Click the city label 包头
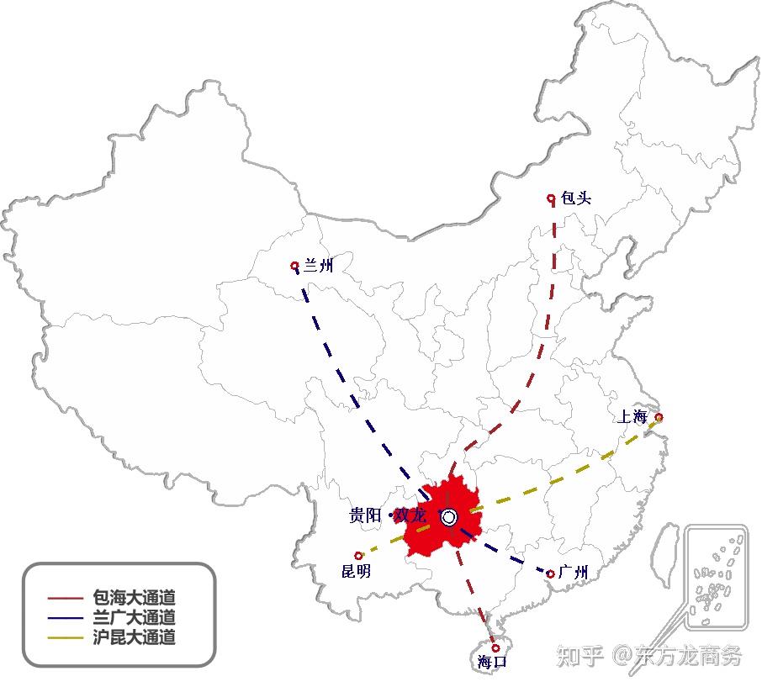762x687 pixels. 576,198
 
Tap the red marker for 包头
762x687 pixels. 551,198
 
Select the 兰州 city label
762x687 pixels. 318,265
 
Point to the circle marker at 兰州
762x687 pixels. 294,266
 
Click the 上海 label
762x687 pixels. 632,416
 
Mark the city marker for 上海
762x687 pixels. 659,417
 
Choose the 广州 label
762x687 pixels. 574,573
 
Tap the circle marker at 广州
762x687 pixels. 550,573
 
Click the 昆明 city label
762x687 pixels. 356,571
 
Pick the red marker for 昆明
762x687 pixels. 358,555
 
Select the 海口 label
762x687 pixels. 492,661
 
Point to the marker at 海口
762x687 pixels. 495,647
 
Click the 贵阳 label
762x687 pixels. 365,515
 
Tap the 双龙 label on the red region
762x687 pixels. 410,515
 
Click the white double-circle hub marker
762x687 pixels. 449,517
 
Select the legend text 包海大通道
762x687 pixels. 134,597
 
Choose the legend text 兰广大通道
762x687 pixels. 134,617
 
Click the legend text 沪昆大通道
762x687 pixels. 134,637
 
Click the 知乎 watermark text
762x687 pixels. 579,656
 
